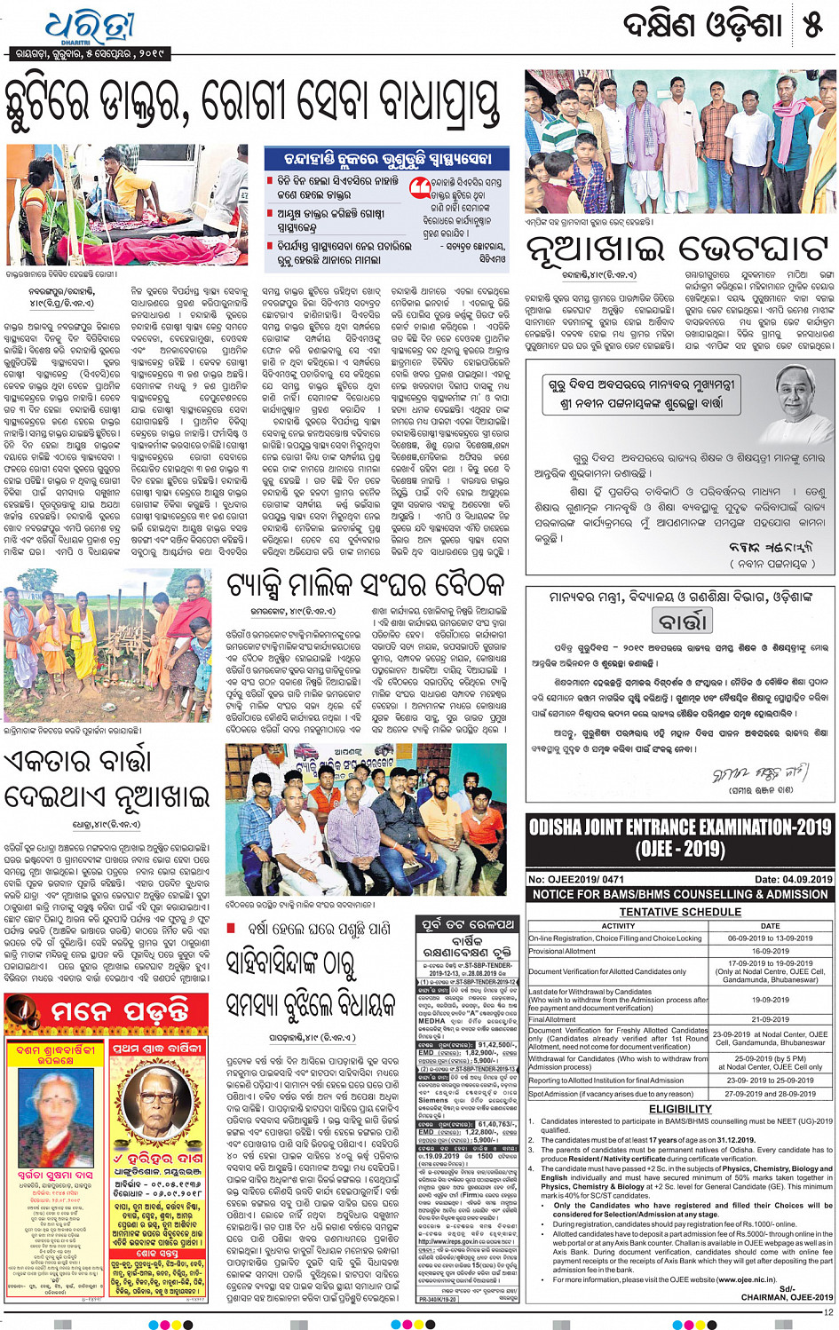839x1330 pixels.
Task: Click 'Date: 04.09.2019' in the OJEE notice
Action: (x=793, y=879)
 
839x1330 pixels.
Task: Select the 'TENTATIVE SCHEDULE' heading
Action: (x=680, y=912)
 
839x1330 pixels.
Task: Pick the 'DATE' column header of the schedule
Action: (x=770, y=925)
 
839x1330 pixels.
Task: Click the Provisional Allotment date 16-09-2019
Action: (x=770, y=951)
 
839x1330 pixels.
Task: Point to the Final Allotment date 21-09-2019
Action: (x=770, y=1019)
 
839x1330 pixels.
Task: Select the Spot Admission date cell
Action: (x=770, y=1094)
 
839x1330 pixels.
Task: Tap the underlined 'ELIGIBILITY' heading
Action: (x=680, y=1109)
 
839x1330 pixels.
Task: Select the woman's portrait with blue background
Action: (x=56, y=1115)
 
